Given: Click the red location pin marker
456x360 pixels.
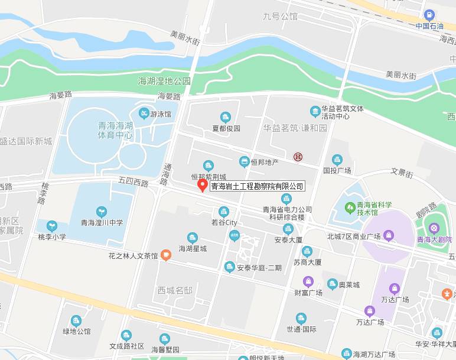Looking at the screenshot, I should coord(202,185).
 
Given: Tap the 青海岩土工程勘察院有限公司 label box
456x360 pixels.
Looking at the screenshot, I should coord(257,186).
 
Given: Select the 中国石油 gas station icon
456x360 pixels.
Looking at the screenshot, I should coord(429,15).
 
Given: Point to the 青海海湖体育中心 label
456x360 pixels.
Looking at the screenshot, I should coord(116,130).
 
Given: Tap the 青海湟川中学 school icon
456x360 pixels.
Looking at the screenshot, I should coord(102,211).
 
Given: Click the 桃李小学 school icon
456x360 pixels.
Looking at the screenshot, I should coord(52,226).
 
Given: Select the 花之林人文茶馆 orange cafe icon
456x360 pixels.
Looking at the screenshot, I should coord(166,255).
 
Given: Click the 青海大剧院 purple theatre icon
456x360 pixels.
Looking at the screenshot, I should coord(435,228).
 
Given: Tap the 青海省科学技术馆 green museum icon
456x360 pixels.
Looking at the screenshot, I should coord(350,209).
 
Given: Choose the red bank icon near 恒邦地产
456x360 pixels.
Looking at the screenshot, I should coord(298,157).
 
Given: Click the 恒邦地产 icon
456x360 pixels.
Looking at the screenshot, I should coord(244,161).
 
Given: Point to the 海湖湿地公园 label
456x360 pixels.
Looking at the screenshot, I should coord(164,81).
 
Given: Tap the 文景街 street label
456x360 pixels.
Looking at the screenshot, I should coord(402,173).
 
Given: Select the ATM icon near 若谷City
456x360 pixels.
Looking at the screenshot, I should coord(234,235).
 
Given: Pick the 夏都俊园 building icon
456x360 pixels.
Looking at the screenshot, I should coord(225,117).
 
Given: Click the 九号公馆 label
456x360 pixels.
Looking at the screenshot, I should coord(280,17).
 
